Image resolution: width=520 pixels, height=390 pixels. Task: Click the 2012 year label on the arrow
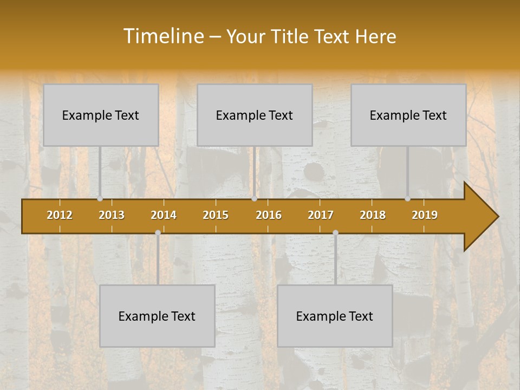coord(60,215)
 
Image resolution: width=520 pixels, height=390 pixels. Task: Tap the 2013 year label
coord(112,215)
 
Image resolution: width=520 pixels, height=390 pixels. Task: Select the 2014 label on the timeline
coord(164,215)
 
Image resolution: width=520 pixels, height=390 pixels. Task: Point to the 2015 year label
coord(216,215)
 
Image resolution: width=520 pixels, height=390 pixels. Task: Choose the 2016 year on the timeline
coord(269,215)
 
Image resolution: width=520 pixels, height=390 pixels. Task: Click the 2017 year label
coord(321,215)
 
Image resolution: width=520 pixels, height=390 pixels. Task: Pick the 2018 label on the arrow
coord(373,215)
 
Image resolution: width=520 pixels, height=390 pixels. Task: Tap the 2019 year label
coord(425,215)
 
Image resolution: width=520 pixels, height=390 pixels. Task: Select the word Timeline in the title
coord(162,36)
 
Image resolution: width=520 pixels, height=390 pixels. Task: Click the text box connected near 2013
coord(101,115)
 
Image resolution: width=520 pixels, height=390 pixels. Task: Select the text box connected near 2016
coord(255,115)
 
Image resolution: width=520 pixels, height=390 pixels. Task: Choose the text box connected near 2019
coord(408,115)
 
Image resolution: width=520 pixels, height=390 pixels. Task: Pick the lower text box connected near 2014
coord(157,316)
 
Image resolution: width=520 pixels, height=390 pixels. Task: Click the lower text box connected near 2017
coord(335,316)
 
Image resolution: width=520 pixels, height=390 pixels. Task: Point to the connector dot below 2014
coord(158,232)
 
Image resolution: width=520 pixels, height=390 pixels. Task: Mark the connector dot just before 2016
coord(254,199)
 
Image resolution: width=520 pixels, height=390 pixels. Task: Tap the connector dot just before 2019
coord(408,199)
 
